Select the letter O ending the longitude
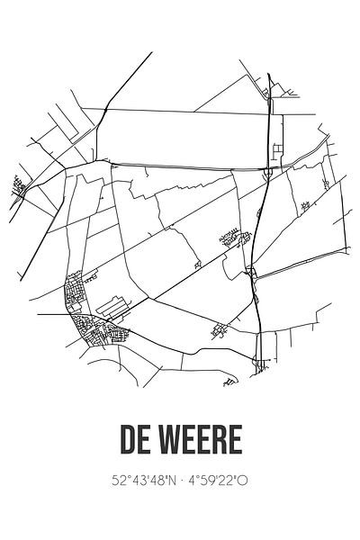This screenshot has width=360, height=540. (242, 482)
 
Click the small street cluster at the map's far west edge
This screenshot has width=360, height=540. (19, 186)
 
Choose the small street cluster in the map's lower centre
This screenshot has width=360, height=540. (217, 330)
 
